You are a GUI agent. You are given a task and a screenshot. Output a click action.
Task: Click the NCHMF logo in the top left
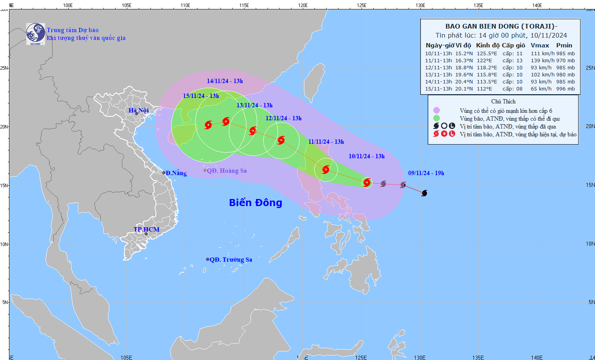(36, 34)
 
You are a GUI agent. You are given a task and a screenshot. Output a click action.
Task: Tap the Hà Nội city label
(139, 110)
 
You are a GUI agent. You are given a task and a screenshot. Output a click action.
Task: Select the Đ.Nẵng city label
(176, 173)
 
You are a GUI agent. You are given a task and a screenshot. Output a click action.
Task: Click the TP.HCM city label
(146, 230)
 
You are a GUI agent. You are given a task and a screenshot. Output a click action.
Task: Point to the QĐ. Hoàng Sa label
(227, 171)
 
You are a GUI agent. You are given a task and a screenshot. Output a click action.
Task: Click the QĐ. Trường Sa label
(231, 260)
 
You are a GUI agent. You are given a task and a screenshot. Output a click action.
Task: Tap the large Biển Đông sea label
(255, 203)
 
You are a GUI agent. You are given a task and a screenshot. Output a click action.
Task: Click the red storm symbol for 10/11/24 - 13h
(367, 183)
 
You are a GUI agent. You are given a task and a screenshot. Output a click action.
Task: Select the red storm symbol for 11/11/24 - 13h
(326, 170)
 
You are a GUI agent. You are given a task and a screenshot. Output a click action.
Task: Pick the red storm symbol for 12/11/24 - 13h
(281, 140)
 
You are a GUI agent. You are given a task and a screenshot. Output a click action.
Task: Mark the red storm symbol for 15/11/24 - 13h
(208, 125)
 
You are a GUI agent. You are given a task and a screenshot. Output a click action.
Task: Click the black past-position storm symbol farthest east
(424, 193)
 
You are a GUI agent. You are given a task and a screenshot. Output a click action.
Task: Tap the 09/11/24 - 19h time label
(426, 173)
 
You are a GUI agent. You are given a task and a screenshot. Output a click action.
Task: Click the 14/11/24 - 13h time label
(225, 81)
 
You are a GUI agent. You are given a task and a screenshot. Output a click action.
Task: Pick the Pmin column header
(564, 45)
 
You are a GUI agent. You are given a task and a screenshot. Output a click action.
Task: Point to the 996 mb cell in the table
(566, 89)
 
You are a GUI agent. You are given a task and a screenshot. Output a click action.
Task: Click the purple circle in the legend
(436, 110)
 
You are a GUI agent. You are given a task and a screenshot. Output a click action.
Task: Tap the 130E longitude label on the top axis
(420, 5)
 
